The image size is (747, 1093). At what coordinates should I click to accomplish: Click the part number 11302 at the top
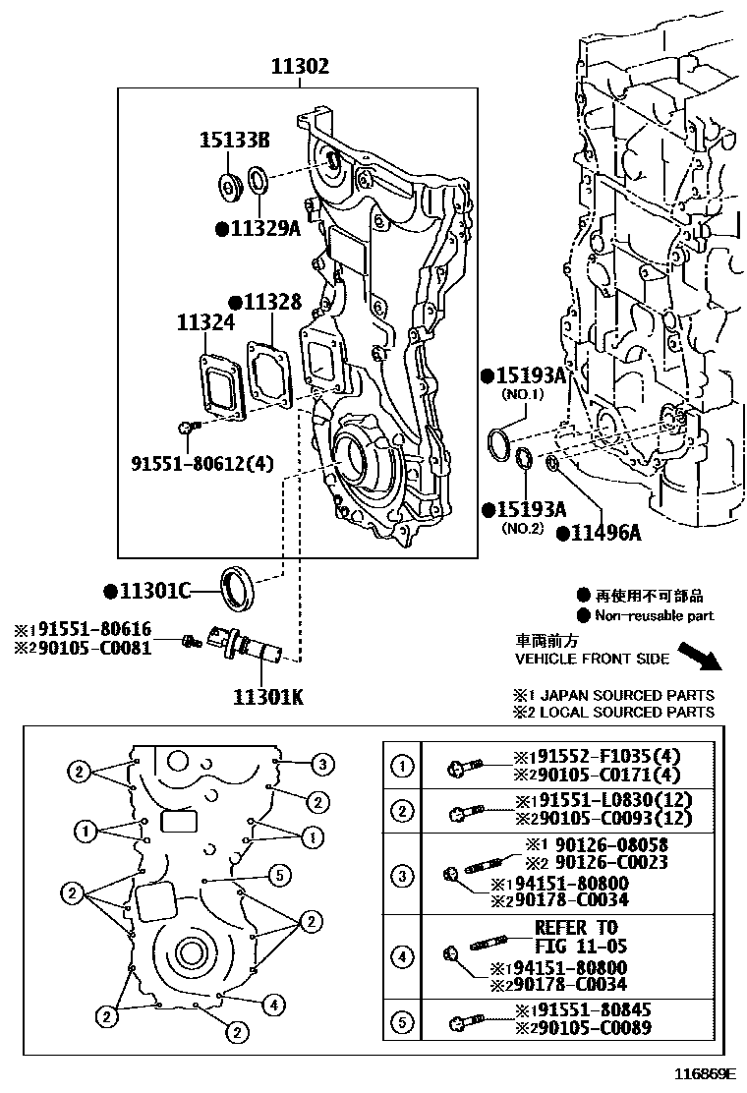tap(301, 67)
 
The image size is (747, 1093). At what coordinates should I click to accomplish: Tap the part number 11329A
tap(258, 229)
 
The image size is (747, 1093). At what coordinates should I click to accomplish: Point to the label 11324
tap(205, 322)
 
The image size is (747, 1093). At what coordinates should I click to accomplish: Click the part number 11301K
tap(267, 697)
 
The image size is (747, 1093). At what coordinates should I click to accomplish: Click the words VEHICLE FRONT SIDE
tap(592, 659)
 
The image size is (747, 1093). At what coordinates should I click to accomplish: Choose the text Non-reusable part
tap(655, 616)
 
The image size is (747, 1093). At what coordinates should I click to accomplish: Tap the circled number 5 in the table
tap(402, 1021)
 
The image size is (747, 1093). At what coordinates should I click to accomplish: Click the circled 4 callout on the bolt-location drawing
tap(275, 1005)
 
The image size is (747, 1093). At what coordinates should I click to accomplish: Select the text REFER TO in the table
tap(576, 927)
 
